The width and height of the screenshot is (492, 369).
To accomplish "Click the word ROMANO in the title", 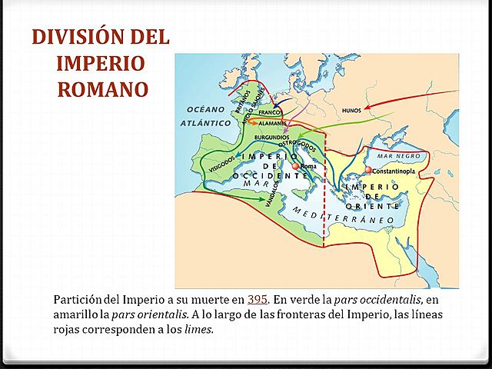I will click(x=102, y=88).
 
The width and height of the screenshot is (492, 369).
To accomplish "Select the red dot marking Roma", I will click(x=294, y=166).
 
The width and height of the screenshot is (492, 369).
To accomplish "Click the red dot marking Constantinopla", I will click(x=369, y=170).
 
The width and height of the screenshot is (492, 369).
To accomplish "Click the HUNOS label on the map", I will click(x=351, y=110).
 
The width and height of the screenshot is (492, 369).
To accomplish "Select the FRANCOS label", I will click(x=271, y=112).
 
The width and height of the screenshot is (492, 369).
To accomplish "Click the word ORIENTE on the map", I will click(x=373, y=206).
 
